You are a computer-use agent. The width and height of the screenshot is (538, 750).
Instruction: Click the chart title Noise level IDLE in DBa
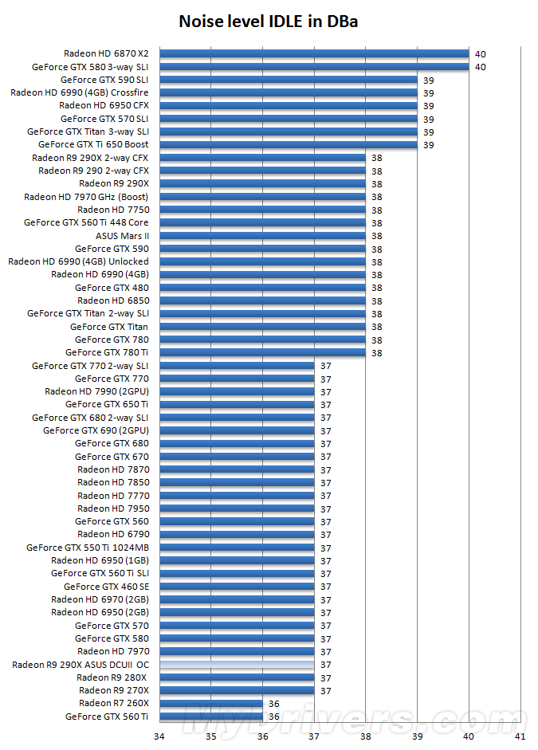(269, 22)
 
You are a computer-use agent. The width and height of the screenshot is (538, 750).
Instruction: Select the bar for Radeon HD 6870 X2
(314, 53)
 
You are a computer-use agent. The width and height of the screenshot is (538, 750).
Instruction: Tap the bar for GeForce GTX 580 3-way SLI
(314, 67)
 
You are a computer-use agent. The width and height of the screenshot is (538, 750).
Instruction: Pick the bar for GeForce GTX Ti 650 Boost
(289, 144)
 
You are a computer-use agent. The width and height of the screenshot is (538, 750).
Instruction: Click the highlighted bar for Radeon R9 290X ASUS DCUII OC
(237, 664)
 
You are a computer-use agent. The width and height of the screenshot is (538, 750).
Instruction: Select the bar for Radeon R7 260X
(211, 703)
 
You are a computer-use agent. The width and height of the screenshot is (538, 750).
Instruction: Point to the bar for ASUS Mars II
(262, 235)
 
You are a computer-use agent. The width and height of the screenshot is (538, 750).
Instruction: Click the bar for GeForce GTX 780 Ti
(262, 352)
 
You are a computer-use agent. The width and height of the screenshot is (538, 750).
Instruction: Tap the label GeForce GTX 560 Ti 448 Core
(86, 222)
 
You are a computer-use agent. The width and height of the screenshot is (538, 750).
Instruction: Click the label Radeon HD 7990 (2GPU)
(96, 391)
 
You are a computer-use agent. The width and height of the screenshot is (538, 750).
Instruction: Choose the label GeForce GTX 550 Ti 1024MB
(88, 548)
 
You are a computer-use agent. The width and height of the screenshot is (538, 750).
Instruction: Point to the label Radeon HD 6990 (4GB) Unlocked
(78, 261)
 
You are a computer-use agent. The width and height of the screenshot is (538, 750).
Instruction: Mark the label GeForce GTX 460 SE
(106, 587)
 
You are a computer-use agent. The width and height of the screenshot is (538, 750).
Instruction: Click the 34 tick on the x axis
(159, 736)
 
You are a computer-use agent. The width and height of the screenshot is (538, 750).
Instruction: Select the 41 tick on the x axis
(520, 736)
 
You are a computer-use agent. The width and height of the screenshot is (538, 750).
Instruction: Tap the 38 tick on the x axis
(366, 736)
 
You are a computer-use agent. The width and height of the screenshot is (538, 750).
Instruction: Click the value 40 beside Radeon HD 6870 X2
(480, 54)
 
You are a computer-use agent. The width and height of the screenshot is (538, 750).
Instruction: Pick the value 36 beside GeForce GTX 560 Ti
(274, 717)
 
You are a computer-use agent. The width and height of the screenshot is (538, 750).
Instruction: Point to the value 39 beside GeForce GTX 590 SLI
(428, 80)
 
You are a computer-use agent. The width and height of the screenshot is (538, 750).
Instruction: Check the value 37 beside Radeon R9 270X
(325, 691)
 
